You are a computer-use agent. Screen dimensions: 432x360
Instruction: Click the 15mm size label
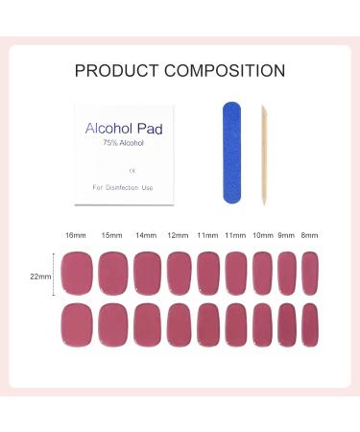(x=110, y=235)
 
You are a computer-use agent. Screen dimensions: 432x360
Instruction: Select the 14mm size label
(x=146, y=235)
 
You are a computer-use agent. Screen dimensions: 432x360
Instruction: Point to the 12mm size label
(x=179, y=235)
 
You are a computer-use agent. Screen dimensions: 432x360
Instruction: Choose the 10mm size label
(x=262, y=235)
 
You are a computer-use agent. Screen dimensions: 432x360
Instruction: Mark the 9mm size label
(x=286, y=235)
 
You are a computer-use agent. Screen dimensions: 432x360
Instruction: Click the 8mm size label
(x=310, y=235)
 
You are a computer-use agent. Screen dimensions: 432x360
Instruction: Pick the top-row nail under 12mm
(x=179, y=274)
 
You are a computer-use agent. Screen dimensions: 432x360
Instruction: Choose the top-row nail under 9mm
(x=287, y=274)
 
